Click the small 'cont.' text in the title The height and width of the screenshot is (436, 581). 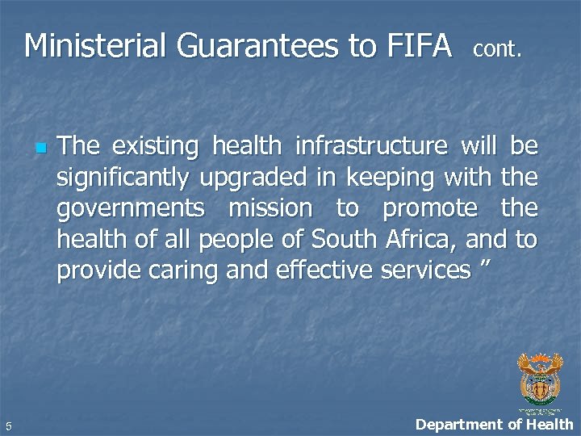pyautogui.click(x=497, y=49)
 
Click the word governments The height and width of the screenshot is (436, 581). pyautogui.click(x=131, y=209)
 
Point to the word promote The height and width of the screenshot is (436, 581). pyautogui.click(x=430, y=209)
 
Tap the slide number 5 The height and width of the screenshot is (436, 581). pyautogui.click(x=6, y=426)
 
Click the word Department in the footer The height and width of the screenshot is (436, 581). pyautogui.click(x=456, y=424)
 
